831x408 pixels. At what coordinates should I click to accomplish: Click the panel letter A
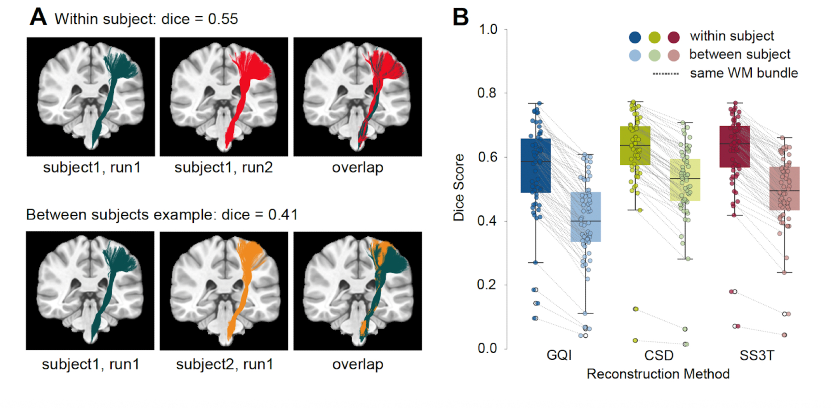click(x=38, y=17)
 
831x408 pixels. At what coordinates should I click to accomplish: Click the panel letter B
click(x=460, y=17)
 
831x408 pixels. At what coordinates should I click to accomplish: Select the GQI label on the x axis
click(x=559, y=355)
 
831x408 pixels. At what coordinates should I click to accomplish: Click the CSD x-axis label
click(x=658, y=355)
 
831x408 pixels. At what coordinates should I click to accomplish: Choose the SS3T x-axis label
click(x=757, y=355)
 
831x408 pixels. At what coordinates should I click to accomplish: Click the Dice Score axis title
click(x=459, y=187)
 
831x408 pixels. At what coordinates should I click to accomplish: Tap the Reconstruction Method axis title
click(x=658, y=374)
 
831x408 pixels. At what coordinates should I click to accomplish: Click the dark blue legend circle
click(x=635, y=37)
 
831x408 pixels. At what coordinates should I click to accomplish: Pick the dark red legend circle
click(x=673, y=37)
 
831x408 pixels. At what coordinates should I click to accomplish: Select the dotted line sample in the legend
click(x=666, y=74)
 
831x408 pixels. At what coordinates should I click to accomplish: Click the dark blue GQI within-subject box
click(x=536, y=166)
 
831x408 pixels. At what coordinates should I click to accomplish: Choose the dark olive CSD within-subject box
click(x=635, y=145)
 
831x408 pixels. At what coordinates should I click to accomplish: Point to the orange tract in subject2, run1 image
click(x=245, y=270)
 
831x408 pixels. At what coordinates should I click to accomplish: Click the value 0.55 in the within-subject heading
click(x=223, y=19)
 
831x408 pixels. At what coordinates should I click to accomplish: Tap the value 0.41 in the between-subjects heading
click(x=283, y=215)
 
